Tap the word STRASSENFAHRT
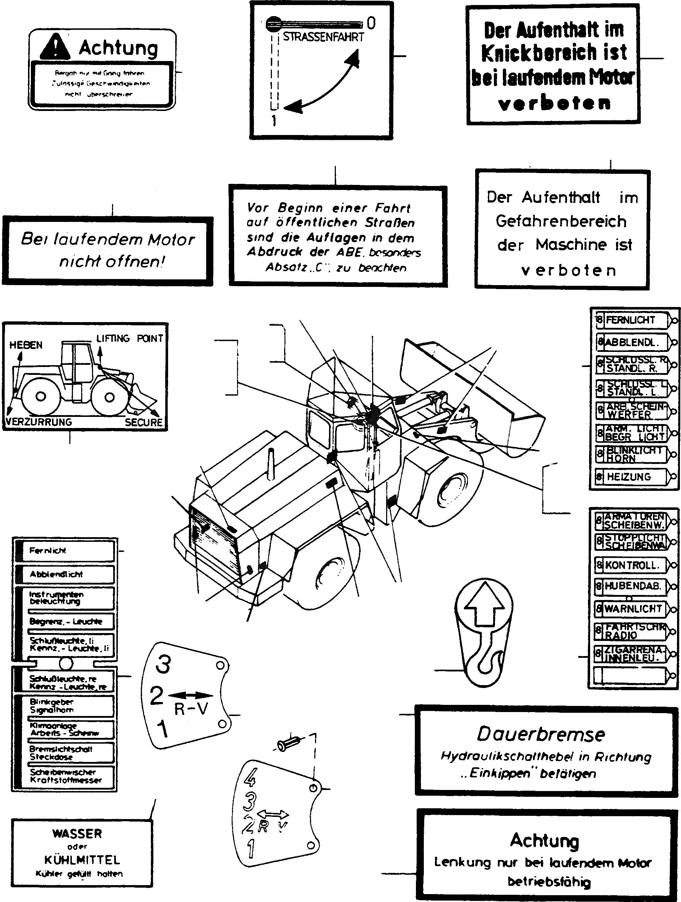click(323, 37)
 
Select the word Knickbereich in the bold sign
click(553, 53)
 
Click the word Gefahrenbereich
click(561, 221)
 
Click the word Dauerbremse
click(541, 734)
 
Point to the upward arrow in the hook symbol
click(485, 604)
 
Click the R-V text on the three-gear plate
click(191, 710)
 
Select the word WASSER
click(77, 833)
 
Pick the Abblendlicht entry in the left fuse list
click(56, 574)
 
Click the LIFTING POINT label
click(129, 339)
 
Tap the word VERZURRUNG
click(39, 422)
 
